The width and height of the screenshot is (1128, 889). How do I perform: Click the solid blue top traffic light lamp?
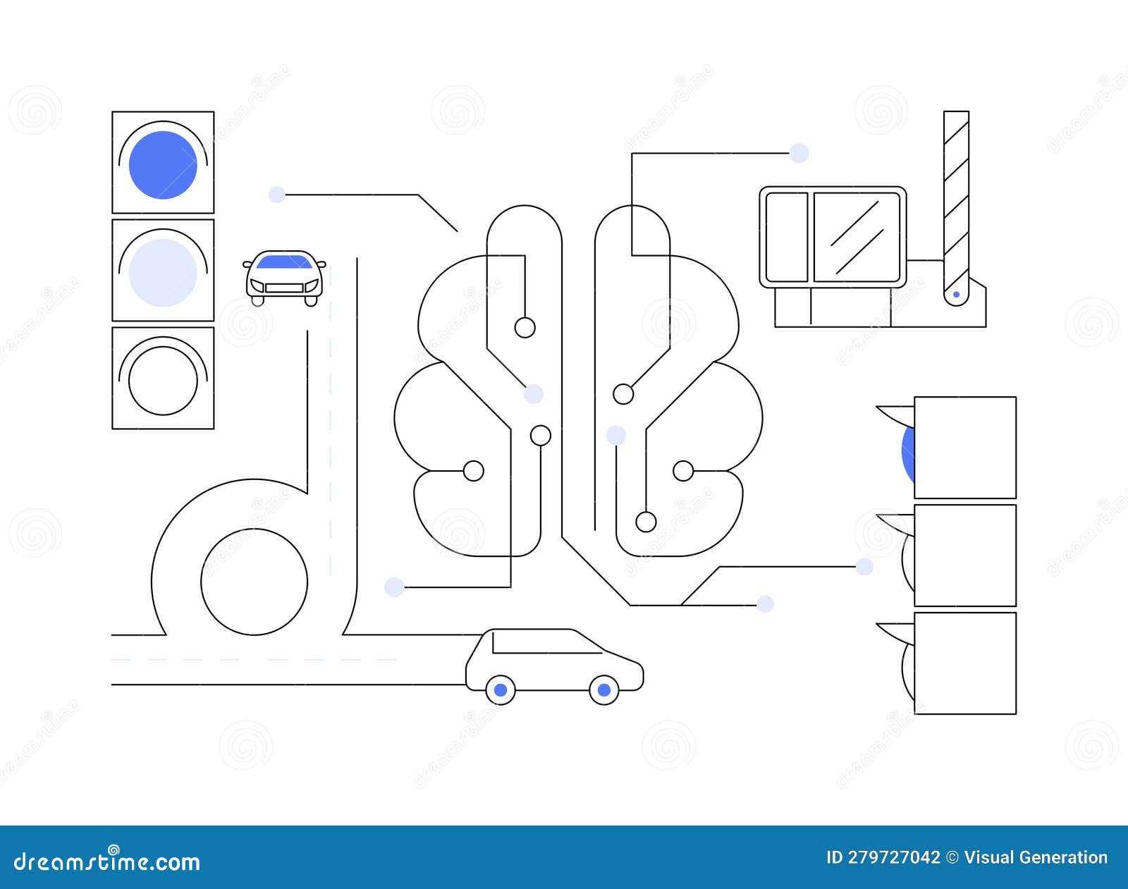point(163,165)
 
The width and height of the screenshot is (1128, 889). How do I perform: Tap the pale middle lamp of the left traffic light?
point(163,273)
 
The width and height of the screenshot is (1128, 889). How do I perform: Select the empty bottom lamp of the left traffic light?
point(163,381)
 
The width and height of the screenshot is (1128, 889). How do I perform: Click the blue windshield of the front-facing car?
point(284,263)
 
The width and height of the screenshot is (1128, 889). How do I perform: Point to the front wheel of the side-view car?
point(603,690)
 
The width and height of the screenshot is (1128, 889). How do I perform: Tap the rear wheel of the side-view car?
point(501,690)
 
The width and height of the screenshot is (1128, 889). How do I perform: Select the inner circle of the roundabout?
point(254,582)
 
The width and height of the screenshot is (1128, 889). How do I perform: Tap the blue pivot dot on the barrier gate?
point(956,294)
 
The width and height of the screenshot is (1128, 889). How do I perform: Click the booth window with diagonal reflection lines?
point(857,236)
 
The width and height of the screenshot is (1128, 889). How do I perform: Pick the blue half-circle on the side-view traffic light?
point(909,452)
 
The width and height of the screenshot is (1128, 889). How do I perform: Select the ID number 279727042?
point(883,857)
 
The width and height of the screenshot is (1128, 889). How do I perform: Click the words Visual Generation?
point(1036,857)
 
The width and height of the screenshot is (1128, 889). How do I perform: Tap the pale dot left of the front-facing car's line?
point(277,195)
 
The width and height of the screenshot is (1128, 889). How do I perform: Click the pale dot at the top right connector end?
point(799,153)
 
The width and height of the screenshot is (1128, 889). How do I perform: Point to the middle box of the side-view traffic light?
point(964,556)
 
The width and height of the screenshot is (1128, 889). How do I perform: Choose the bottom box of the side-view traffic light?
point(964,663)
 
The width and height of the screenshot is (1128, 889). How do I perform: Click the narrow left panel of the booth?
point(786,236)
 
